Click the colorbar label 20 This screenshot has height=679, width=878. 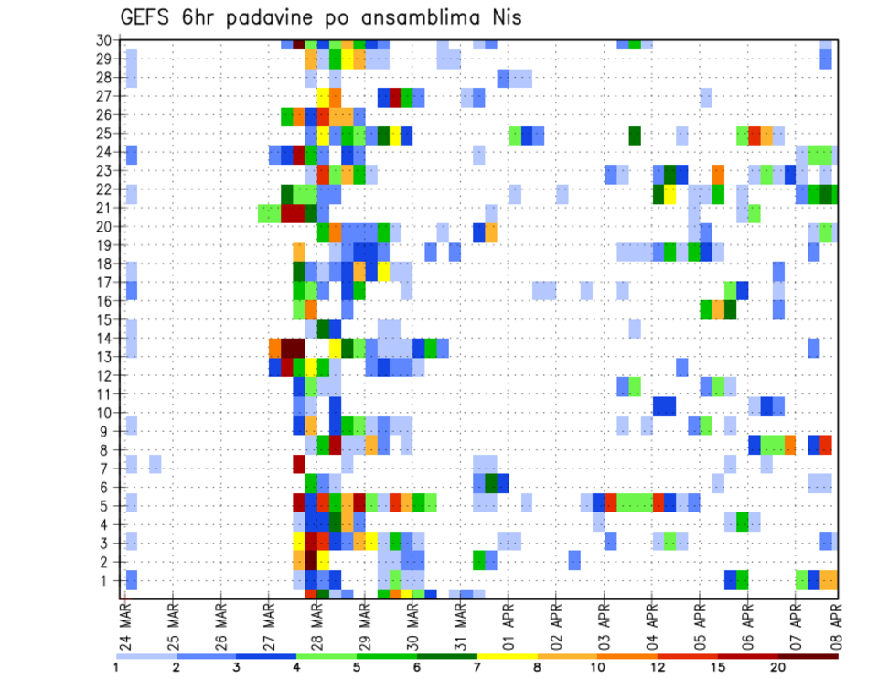pyautogui.click(x=778, y=668)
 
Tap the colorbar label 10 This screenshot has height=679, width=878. pyautogui.click(x=597, y=668)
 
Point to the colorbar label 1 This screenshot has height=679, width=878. pyautogui.click(x=116, y=668)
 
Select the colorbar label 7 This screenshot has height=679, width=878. pyautogui.click(x=477, y=668)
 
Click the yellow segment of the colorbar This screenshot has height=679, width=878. pyautogui.click(x=508, y=655)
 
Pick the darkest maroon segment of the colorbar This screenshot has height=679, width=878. pyautogui.click(x=808, y=655)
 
